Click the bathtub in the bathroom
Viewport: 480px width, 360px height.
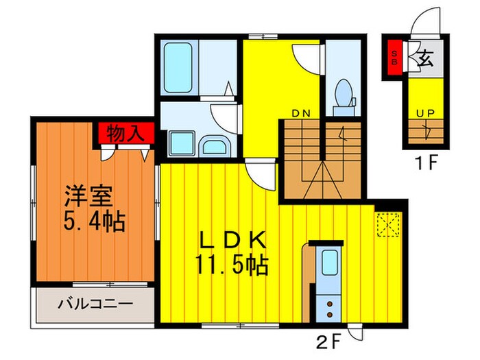pos(178,68)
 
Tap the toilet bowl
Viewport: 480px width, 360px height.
pos(343,93)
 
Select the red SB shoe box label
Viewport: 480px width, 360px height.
pos(394,58)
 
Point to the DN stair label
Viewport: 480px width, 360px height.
pos(301,114)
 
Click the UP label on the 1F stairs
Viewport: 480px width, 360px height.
pos(425,114)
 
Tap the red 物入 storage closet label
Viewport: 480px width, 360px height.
pos(125,134)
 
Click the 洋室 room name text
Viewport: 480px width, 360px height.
pos(88,196)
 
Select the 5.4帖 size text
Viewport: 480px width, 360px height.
pos(95,221)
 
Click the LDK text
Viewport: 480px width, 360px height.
pos(233,240)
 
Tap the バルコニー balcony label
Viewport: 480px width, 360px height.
pos(95,304)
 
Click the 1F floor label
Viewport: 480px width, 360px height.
pos(427,163)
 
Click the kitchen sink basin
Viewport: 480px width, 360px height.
pos(329,263)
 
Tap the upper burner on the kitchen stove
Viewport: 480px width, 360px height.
pos(330,304)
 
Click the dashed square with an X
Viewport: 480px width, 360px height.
pos(389,225)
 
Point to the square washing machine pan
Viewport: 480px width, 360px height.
pos(182,143)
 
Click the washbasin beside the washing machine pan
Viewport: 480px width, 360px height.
pos(215,146)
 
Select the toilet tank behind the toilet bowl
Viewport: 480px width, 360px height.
pos(344,111)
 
